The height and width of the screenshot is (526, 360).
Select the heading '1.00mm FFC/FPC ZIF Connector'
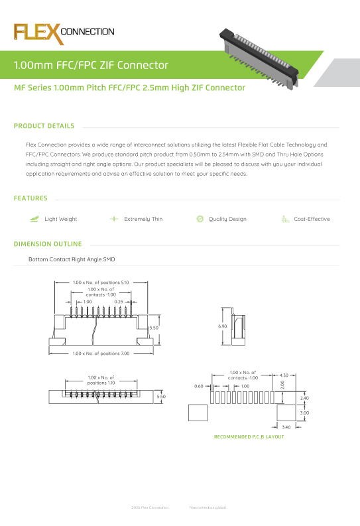91,66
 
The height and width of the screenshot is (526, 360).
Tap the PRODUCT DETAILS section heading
44,126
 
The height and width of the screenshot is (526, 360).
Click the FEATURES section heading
30,198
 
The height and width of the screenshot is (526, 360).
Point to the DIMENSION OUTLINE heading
48,244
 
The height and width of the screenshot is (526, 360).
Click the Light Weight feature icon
34,219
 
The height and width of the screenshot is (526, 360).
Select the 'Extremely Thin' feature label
143,219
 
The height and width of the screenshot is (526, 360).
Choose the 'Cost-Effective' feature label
312,219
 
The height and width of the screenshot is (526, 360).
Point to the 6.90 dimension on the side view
223,327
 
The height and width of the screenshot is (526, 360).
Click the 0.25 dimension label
119,302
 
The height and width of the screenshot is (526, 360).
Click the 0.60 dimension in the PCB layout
198,386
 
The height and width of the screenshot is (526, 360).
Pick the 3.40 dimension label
286,427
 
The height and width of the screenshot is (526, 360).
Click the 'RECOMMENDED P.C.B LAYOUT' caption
249,437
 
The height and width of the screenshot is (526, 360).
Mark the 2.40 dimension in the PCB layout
305,398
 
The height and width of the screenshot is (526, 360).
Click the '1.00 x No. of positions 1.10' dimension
101,381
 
